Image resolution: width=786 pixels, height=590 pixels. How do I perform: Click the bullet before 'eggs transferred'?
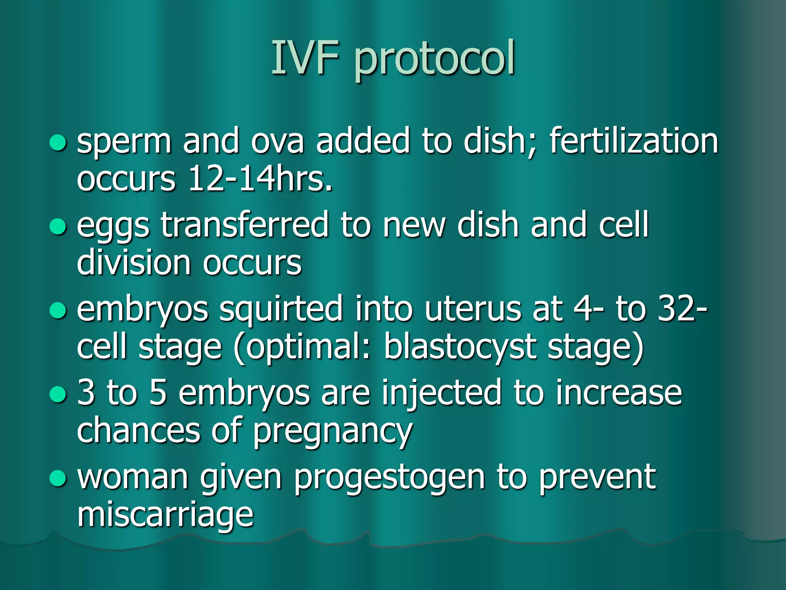[58, 226]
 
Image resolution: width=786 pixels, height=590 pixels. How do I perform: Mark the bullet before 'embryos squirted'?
[58, 310]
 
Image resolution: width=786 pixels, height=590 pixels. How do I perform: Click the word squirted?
[281, 310]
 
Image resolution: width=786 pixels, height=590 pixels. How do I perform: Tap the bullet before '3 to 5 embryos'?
[58, 394]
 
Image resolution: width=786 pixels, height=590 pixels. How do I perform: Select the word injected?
[441, 393]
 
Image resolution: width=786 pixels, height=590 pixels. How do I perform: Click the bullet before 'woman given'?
[58, 478]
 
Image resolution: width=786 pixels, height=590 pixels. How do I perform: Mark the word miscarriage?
[165, 515]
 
